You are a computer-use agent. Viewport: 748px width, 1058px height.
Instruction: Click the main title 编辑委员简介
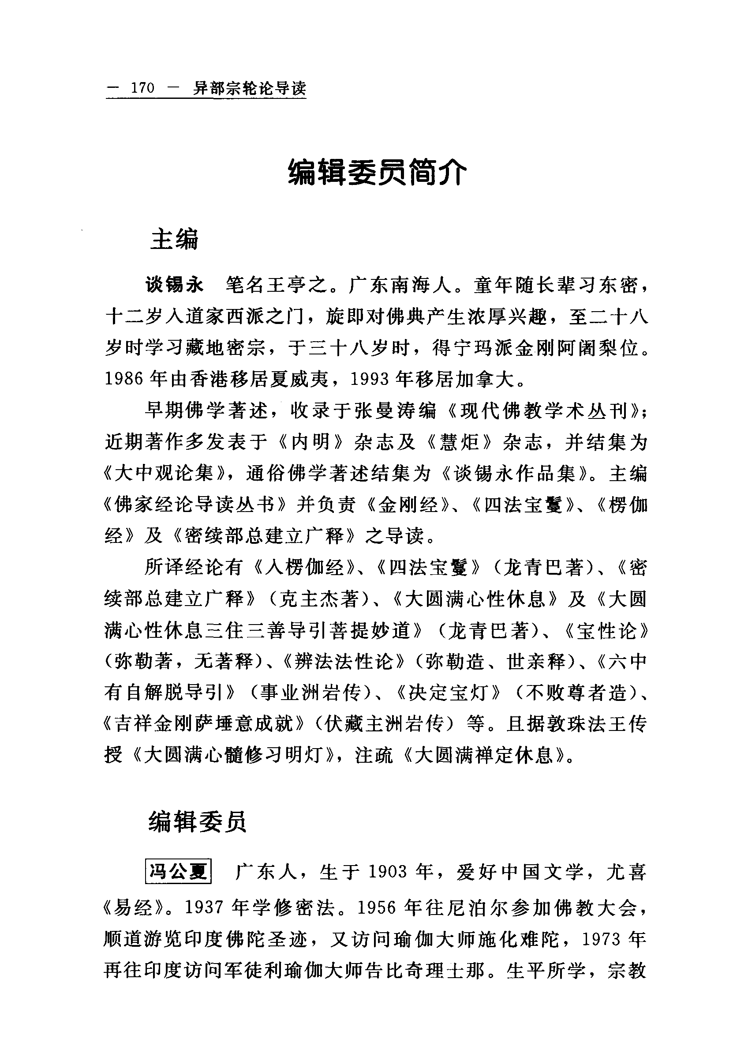pyautogui.click(x=377, y=173)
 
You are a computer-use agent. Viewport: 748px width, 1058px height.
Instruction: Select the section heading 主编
pyautogui.click(x=174, y=240)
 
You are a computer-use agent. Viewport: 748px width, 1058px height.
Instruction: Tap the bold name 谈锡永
pyautogui.click(x=174, y=286)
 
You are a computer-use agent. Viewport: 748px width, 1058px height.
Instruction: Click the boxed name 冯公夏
pyautogui.click(x=178, y=871)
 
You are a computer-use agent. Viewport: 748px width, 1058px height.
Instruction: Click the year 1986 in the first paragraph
pyautogui.click(x=123, y=379)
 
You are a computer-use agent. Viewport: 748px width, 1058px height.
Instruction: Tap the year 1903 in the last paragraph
pyautogui.click(x=388, y=872)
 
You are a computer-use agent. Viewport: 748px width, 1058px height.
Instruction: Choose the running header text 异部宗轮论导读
pyautogui.click(x=249, y=87)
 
